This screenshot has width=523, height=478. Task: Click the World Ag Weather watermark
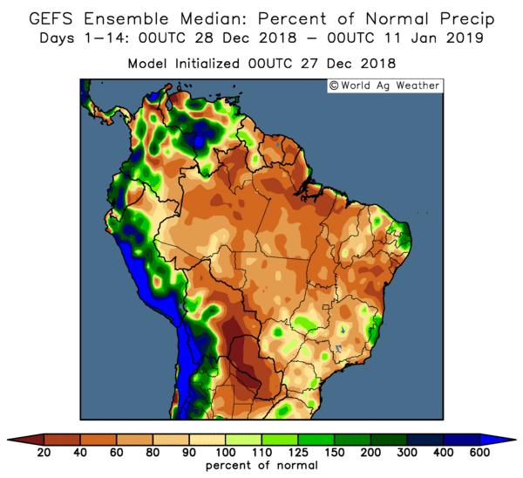pyautogui.click(x=384, y=85)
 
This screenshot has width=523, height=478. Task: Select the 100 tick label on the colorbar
pyautogui.click(x=225, y=452)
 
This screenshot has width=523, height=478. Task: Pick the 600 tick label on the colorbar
pyautogui.click(x=479, y=452)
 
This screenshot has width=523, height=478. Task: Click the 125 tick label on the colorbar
pyautogui.click(x=298, y=452)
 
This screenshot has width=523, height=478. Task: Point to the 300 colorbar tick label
pyautogui.click(x=407, y=452)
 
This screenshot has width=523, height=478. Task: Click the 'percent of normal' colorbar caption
pyautogui.click(x=261, y=467)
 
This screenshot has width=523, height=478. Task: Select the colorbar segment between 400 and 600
pyautogui.click(x=462, y=439)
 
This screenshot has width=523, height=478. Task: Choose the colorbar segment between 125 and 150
pyautogui.click(x=316, y=439)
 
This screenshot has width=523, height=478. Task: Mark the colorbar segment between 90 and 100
pyautogui.click(x=207, y=439)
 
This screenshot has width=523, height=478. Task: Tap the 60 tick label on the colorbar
pyautogui.click(x=116, y=452)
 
